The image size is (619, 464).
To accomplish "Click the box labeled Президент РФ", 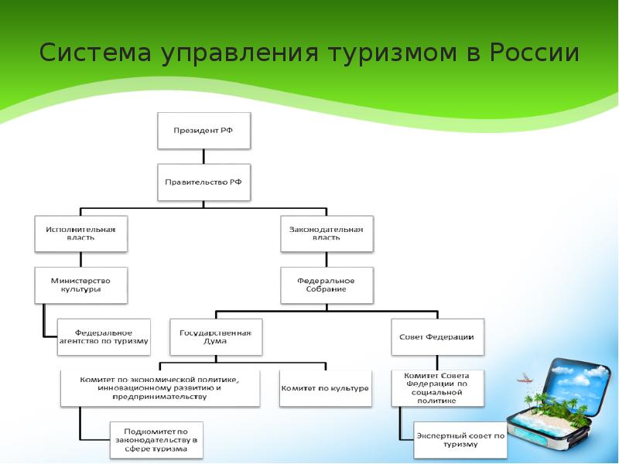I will coord(204,131).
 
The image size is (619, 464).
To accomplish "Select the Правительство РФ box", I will coord(204,183).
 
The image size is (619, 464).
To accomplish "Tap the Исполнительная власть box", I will coord(80,233).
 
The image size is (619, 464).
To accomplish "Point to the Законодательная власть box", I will coord(326,233).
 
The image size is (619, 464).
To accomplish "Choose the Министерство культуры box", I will coord(80,285).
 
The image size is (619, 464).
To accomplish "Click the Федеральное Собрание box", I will coord(326,285).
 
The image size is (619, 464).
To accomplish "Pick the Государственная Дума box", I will coord(216,336).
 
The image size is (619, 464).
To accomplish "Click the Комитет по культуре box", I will coord(325,387).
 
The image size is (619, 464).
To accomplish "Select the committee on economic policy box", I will coord(160,387).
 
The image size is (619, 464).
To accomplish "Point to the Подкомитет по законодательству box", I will coord(157,438).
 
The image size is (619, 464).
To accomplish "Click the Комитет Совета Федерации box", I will coord(437,387).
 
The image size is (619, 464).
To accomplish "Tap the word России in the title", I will coord(534,53).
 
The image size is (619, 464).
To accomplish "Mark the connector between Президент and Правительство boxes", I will coord(204,156).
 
